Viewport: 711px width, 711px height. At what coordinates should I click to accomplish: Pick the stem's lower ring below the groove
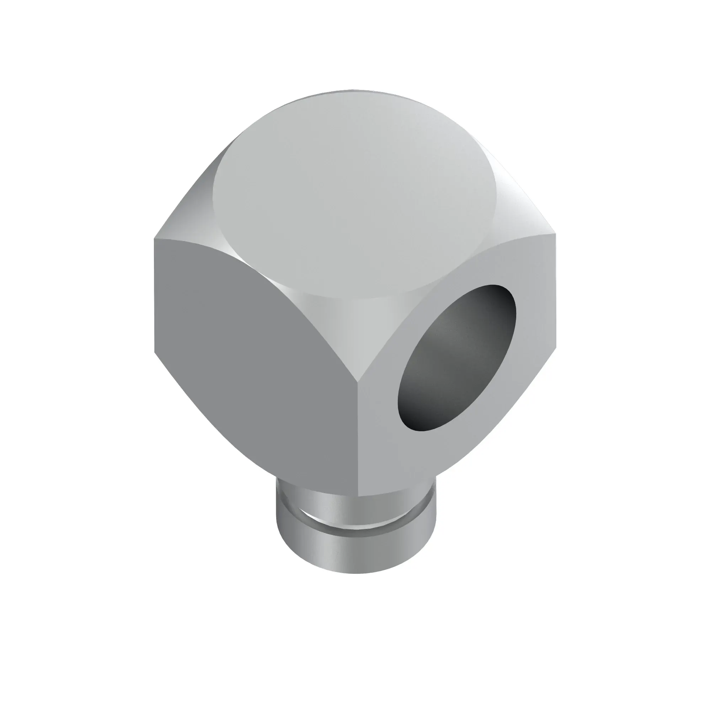pyautogui.click(x=355, y=548)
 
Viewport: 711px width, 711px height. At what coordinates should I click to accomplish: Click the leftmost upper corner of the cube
pyautogui.click(x=155, y=239)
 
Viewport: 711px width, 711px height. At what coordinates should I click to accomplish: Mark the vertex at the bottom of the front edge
pyautogui.click(x=358, y=495)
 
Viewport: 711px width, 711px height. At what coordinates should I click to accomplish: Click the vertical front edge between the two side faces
pyautogui.click(x=358, y=438)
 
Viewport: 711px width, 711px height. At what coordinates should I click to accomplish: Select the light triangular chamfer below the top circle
pyautogui.click(x=359, y=331)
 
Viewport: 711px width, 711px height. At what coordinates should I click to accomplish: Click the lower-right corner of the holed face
pyautogui.click(x=555, y=348)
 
